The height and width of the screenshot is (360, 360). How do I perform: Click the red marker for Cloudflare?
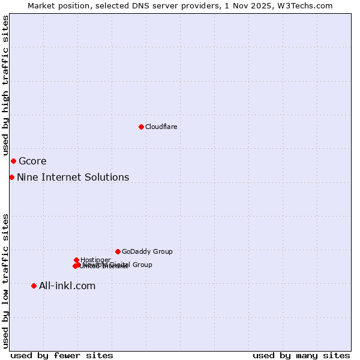[x=141, y=127]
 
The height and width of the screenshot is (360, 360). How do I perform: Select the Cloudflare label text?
[x=161, y=127]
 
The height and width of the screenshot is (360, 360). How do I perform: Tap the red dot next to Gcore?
[x=13, y=161]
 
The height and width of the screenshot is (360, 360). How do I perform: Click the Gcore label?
[x=32, y=161]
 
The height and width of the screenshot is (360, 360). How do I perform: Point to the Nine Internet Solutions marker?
[x=11, y=177]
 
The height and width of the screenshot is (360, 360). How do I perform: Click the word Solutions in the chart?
[x=108, y=177]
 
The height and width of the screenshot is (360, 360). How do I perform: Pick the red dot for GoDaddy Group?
[x=118, y=251]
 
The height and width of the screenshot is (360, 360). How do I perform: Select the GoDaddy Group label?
[x=147, y=251]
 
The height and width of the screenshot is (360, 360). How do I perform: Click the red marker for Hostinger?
[x=76, y=260]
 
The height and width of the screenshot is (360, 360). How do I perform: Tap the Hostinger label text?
[x=95, y=260]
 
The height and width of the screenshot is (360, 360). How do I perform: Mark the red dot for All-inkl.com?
[x=34, y=286]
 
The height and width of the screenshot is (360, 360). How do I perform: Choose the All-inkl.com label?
[x=67, y=286]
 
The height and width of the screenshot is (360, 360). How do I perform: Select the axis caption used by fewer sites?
[x=62, y=355]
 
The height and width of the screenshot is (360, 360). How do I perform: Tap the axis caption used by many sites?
[x=301, y=355]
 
